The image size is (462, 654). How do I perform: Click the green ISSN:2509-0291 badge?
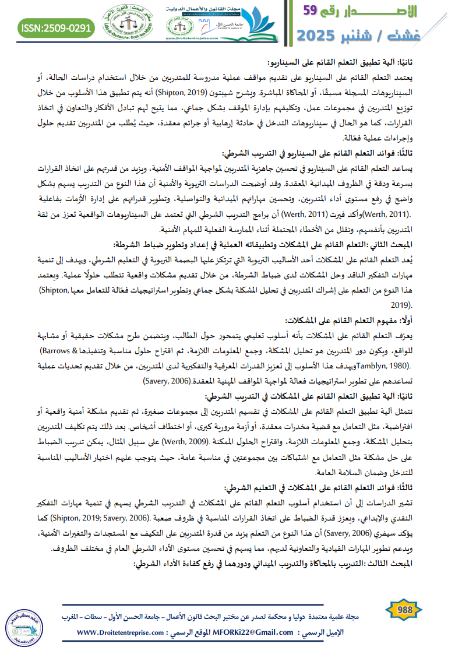point(56,27)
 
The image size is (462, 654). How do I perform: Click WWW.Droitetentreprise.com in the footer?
point(115,632)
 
